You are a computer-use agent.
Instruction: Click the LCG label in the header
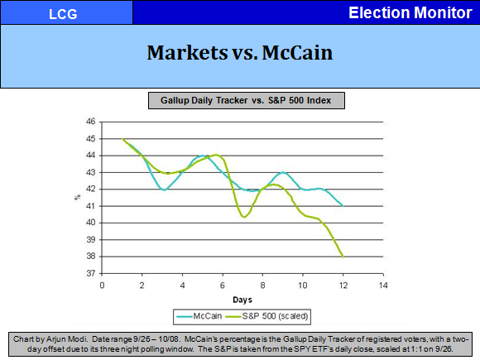click(63, 14)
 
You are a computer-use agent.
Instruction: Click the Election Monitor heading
click(410, 13)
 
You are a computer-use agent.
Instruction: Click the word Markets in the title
click(187, 53)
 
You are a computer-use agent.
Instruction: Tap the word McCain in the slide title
click(297, 53)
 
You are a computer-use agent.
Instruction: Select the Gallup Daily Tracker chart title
click(246, 100)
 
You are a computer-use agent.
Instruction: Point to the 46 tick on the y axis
click(90, 122)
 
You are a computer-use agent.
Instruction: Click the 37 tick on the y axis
click(90, 273)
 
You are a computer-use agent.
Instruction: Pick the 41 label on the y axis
click(90, 206)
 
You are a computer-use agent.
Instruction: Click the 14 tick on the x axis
click(383, 286)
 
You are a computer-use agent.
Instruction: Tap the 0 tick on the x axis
click(102, 286)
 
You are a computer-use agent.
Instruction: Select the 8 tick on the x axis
click(262, 286)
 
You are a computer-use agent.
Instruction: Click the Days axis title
click(242, 300)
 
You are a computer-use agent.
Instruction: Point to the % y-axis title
click(78, 198)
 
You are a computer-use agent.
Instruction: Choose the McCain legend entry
click(199, 316)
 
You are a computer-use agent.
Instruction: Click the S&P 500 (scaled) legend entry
click(266, 316)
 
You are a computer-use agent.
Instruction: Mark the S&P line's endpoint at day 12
click(343, 257)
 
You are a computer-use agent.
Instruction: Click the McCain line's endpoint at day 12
click(343, 206)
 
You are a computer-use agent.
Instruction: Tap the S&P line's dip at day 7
click(244, 217)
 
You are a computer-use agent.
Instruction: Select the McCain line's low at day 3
click(164, 190)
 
